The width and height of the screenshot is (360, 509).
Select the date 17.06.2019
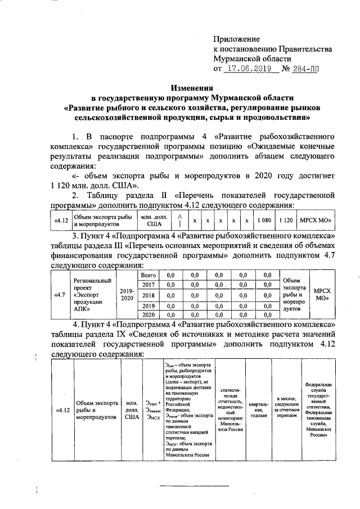point(247,69)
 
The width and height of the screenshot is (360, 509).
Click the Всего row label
point(148,275)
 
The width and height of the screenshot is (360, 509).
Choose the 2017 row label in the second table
point(148,285)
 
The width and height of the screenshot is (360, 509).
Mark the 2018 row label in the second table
point(148,295)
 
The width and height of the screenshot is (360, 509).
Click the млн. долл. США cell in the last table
point(132,409)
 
